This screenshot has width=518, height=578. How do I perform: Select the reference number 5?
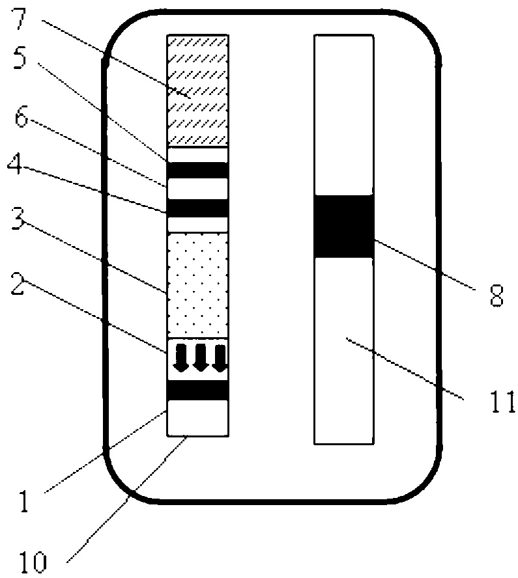(20, 57)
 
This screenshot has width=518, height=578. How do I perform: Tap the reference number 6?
(21, 117)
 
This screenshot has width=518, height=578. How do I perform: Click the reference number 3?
(18, 219)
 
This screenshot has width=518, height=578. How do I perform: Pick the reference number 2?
(18, 282)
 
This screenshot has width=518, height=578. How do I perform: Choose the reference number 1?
(24, 501)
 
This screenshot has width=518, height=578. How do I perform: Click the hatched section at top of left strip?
(198, 90)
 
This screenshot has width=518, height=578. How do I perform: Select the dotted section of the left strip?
(198, 285)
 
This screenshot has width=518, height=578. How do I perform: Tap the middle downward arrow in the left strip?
(201, 357)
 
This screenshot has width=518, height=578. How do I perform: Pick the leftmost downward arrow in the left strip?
(182, 357)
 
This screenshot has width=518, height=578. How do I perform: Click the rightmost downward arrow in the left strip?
(220, 357)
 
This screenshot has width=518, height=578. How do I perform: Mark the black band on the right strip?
(344, 227)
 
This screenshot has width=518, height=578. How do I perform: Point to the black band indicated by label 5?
(198, 170)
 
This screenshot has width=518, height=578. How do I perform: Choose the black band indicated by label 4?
(198, 208)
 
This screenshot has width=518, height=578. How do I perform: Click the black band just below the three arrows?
(198, 390)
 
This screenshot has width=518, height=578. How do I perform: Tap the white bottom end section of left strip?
(198, 418)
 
